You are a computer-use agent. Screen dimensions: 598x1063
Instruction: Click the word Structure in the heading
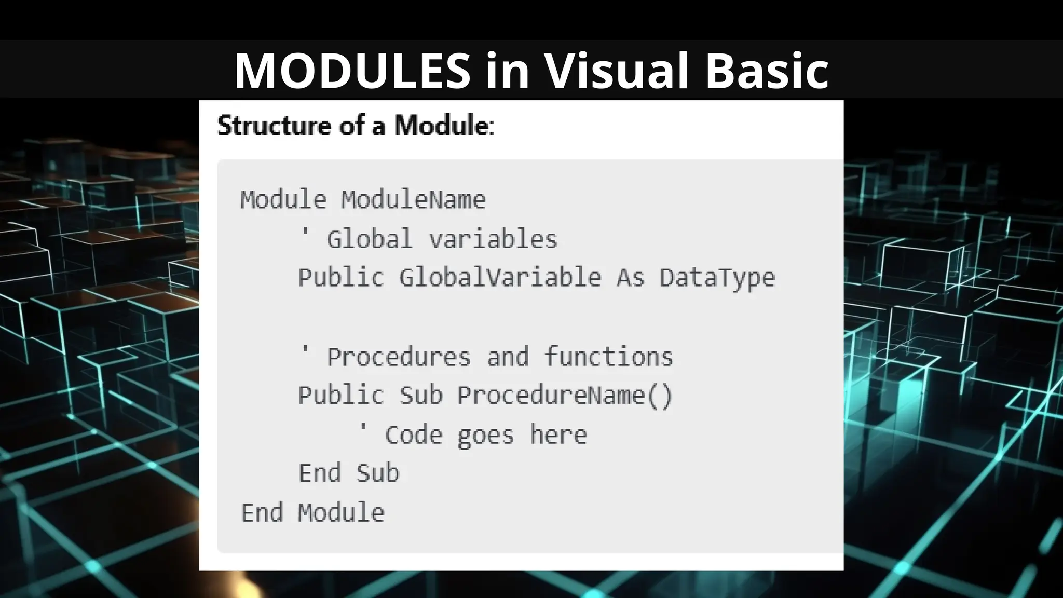click(x=274, y=126)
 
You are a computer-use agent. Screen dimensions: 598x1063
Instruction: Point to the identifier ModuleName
click(x=413, y=200)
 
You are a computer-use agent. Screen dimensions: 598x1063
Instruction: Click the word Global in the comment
click(x=369, y=239)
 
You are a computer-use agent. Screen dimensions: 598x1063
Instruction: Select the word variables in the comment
click(x=493, y=239)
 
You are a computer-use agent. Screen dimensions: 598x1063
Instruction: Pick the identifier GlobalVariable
click(x=500, y=278)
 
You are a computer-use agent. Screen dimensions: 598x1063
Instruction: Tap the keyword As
click(x=630, y=278)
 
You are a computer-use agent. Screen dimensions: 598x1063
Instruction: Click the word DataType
click(x=717, y=278)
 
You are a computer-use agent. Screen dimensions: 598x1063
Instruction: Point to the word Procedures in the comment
click(x=399, y=357)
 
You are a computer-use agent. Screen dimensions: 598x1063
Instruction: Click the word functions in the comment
click(x=608, y=357)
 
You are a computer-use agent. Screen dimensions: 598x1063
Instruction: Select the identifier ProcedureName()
click(x=565, y=396)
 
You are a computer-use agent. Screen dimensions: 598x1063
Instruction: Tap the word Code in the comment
click(x=413, y=435)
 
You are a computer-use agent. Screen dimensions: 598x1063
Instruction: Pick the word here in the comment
click(x=558, y=435)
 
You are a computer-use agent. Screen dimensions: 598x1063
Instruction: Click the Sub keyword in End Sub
click(x=377, y=473)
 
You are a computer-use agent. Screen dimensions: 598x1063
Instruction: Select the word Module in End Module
click(x=341, y=513)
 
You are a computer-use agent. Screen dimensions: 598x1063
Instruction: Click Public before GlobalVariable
click(x=341, y=278)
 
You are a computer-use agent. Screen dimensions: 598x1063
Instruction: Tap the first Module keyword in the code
click(x=283, y=200)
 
